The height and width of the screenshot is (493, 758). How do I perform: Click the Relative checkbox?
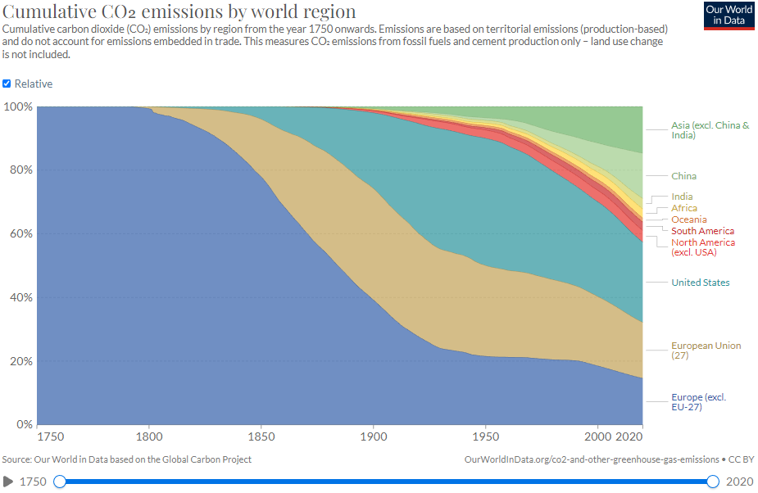7,84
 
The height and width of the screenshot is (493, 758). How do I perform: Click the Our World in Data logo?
728,16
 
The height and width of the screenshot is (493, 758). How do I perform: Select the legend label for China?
683,176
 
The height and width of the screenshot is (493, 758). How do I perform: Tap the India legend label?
682,197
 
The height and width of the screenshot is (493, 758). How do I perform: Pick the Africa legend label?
684,208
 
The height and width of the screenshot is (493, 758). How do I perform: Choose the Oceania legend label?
688,219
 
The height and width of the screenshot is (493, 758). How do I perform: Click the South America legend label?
702,231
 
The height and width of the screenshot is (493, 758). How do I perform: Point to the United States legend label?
700,283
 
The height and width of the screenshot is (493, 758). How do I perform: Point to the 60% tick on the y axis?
19,234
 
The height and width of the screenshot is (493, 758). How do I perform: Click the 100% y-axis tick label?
17,106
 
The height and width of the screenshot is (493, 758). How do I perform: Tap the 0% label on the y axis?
23,425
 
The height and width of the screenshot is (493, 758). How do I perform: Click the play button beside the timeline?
8,482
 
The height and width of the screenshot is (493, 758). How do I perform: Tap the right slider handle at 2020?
713,482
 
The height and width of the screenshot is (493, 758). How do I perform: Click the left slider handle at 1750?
60,482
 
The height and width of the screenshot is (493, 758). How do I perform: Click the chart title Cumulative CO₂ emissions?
179,11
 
